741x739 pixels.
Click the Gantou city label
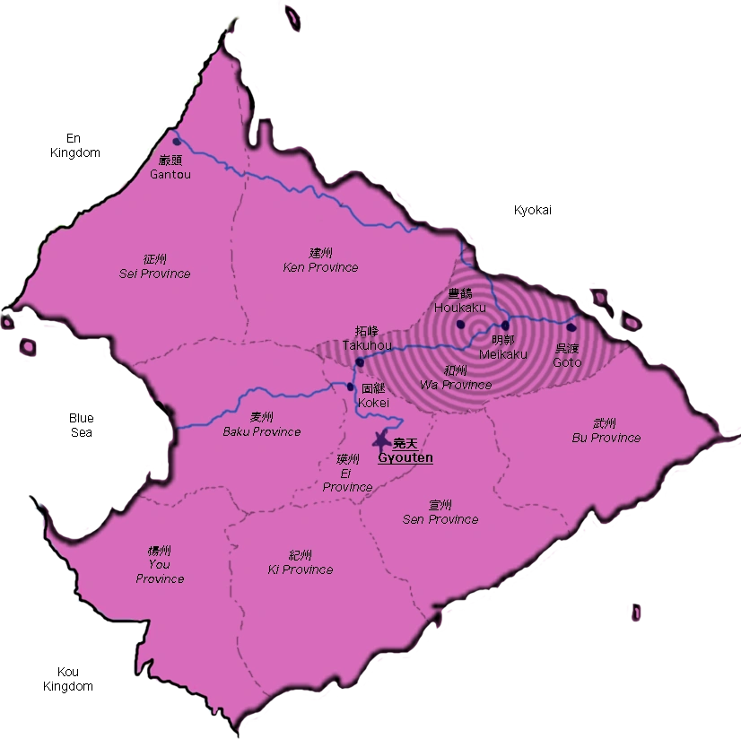[x=170, y=168]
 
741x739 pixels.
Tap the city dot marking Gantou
[x=177, y=142]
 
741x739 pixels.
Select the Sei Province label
[x=155, y=266]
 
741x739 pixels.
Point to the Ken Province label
[x=320, y=261]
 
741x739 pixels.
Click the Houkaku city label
[x=459, y=301]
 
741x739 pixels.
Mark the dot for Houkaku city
[x=460, y=324]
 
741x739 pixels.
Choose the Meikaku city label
[x=502, y=347]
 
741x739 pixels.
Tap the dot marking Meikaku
[x=505, y=326]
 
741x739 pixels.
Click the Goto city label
[x=567, y=355]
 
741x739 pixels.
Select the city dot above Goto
[x=571, y=326]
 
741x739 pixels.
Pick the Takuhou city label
[x=367, y=338]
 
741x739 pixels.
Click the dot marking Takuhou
[x=359, y=362]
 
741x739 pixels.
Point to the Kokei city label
[x=373, y=396]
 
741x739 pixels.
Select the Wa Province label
[x=456, y=378]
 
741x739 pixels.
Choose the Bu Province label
[x=606, y=431]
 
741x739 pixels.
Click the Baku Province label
[x=262, y=424]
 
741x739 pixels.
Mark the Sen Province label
[x=440, y=513]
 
